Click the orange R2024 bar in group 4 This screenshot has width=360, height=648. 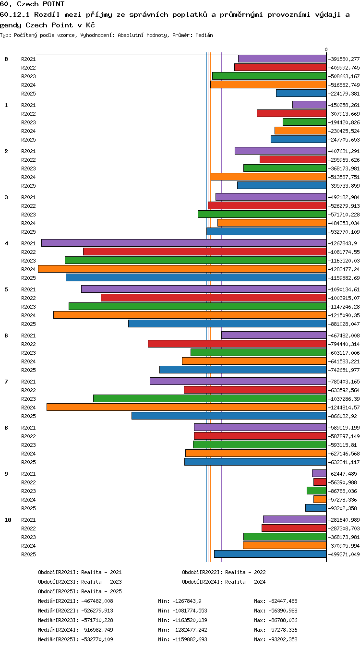[182, 269]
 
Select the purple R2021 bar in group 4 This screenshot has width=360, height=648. [184, 243]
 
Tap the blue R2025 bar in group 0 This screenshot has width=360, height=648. [301, 93]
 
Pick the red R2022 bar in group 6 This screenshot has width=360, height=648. [237, 344]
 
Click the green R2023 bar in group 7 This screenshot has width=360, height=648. [210, 398]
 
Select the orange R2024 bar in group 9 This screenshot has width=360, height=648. [320, 499]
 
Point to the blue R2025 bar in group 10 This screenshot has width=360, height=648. [270, 554]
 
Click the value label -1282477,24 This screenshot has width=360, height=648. [344, 269]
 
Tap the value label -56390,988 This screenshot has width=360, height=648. [342, 482]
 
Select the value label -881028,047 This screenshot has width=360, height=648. [344, 324]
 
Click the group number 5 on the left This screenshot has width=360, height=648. [6, 289]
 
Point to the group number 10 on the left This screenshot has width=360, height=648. [8, 520]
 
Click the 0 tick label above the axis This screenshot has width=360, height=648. [326, 49]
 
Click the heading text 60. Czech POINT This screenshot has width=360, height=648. [32, 4]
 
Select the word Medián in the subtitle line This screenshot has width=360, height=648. [204, 36]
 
